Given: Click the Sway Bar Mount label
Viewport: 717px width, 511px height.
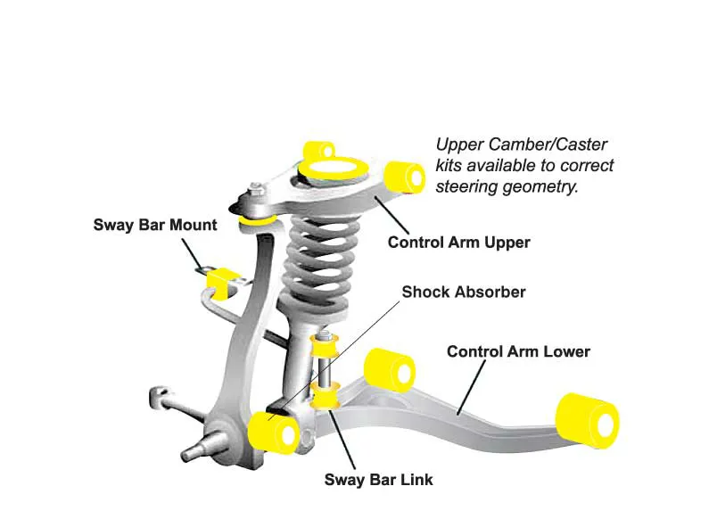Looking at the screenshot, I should (154, 224).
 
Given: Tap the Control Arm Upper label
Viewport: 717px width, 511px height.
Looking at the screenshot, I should (458, 242).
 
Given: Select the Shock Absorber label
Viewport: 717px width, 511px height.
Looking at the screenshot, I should (464, 292).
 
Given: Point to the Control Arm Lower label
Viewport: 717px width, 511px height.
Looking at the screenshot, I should (518, 351).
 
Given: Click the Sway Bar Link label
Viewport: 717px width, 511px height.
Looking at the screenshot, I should (378, 480).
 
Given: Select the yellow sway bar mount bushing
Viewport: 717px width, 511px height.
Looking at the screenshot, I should (222, 279).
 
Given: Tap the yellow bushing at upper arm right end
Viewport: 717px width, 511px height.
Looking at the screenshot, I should (408, 175).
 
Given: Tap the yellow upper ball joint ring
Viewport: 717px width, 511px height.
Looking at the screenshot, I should (257, 217).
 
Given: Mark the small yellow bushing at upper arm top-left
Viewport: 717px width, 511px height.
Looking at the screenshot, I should (318, 148).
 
